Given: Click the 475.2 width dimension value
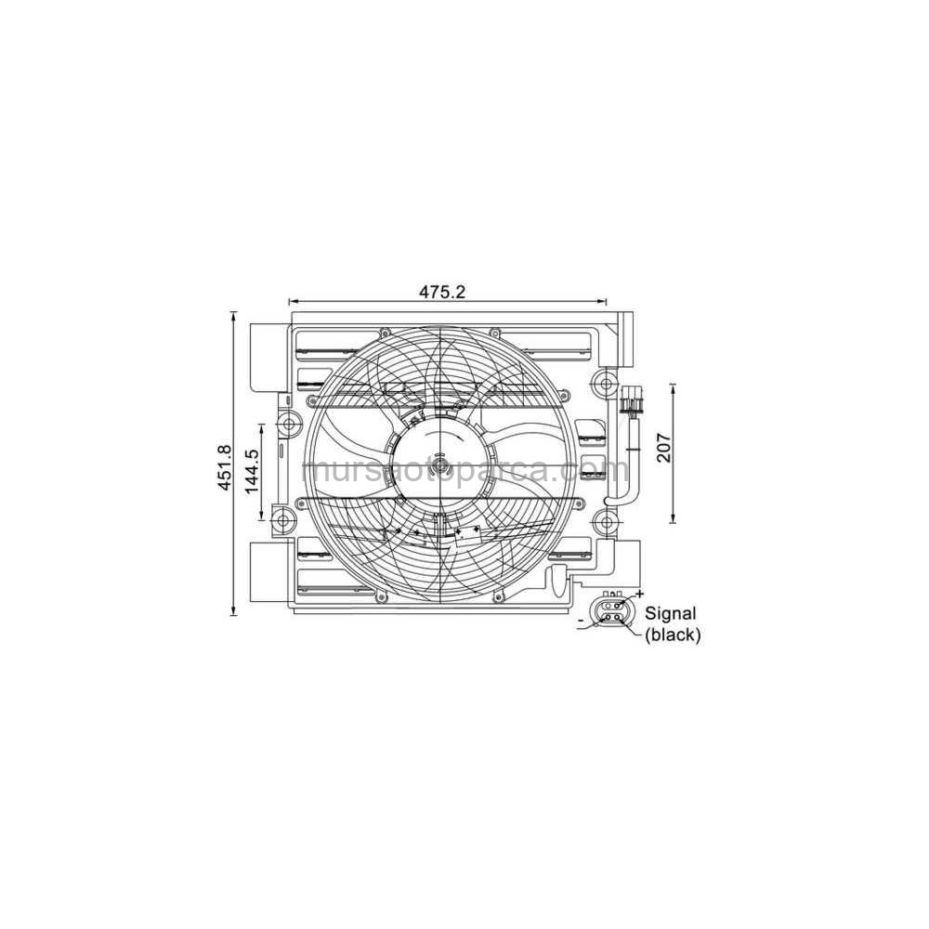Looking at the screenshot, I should coord(441,292).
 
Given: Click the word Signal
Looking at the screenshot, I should coord(671,613).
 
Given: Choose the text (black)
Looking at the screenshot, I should coord(673,635).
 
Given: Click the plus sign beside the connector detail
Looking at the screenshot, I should coord(639,593).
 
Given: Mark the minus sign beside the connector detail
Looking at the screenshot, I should coord(581,619).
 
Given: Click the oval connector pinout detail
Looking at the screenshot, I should coord(612,616).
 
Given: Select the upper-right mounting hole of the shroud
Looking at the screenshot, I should coord(607,383).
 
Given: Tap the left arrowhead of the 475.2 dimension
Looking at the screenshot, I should coord(293,301).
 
